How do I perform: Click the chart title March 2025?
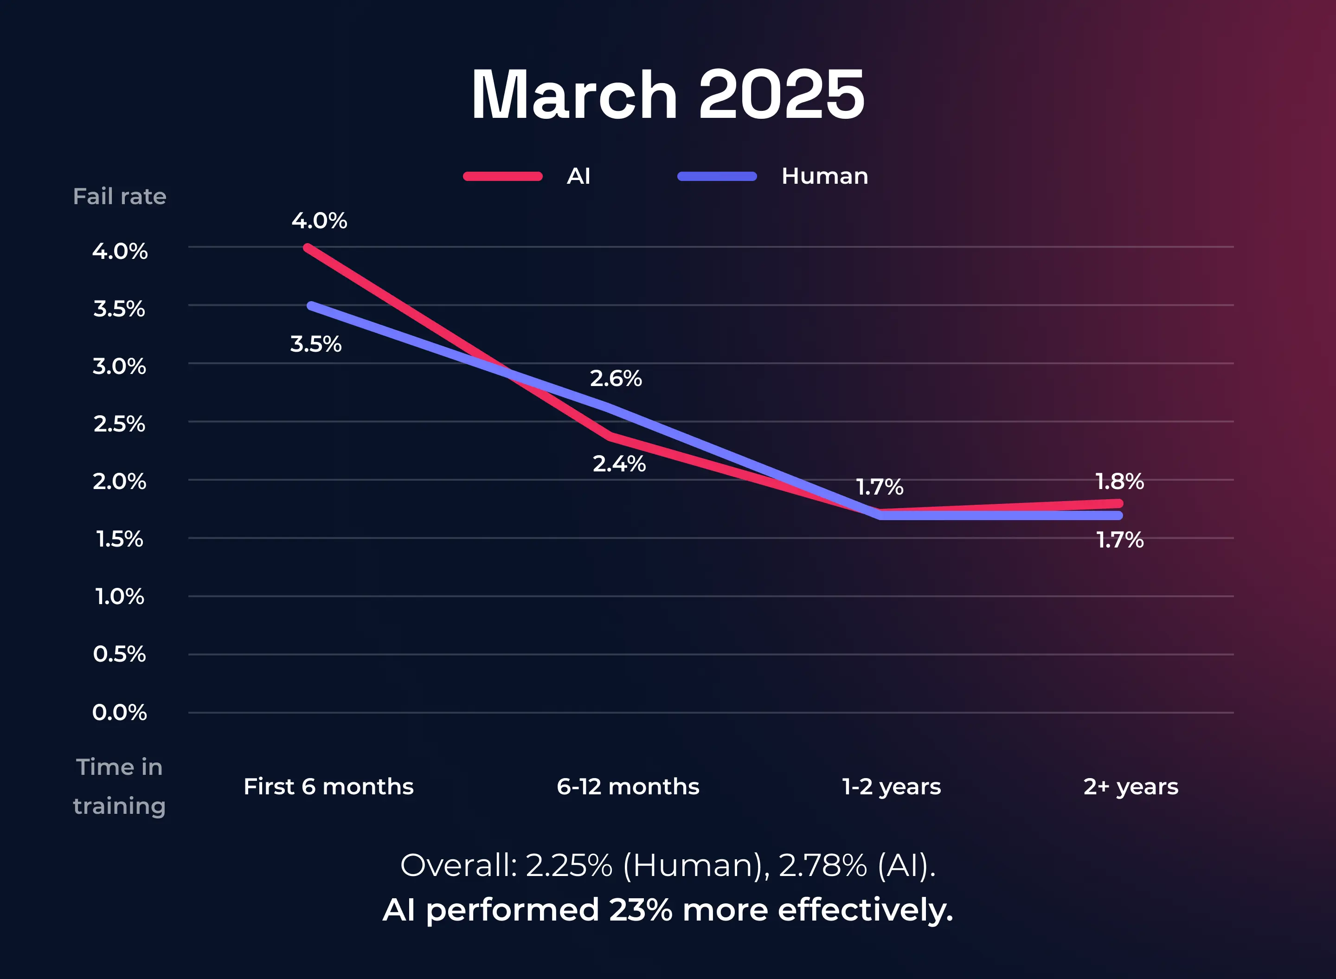668,95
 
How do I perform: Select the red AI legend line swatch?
502,176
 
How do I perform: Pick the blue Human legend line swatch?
717,176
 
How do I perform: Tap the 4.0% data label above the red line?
319,221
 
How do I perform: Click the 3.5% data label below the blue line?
316,344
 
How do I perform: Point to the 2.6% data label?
616,379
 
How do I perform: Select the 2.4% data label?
619,464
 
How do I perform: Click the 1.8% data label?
1119,482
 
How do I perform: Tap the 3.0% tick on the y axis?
119,366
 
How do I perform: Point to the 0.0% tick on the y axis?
119,712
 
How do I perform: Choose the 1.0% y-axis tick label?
119,597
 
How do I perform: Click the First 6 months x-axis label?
328,787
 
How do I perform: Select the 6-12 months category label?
628,787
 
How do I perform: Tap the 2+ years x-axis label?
1130,787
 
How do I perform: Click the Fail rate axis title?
119,197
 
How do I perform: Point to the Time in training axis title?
119,787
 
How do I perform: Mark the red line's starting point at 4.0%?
308,248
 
